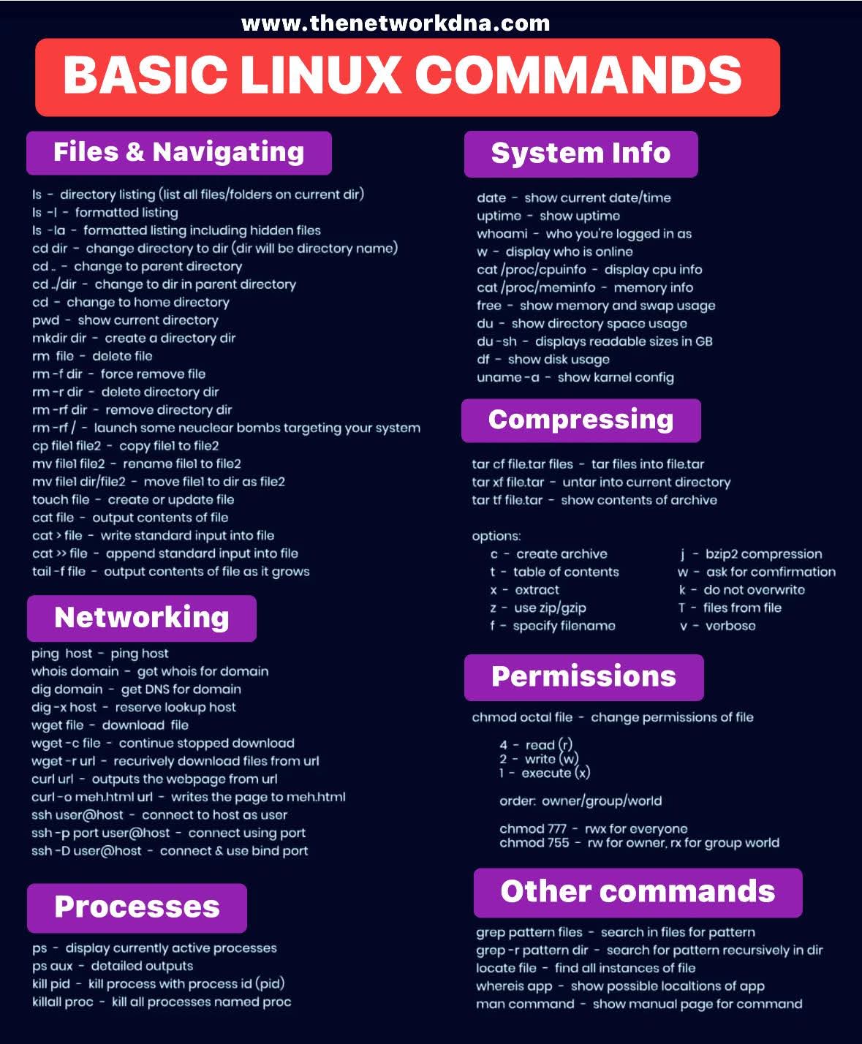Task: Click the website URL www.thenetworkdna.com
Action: [x=395, y=23]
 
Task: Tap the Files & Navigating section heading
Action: [x=178, y=152]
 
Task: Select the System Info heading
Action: [x=581, y=154]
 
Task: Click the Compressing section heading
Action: [x=581, y=420]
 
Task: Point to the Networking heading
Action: [x=141, y=618]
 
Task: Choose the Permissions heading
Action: [x=583, y=677]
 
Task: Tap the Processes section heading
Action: [x=137, y=907]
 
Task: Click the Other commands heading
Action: [x=638, y=892]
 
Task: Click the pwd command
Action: [x=45, y=320]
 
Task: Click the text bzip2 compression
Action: [x=763, y=554]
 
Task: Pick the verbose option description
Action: [x=730, y=626]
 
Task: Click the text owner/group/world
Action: [x=601, y=801]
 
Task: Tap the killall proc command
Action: [x=62, y=1002]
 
